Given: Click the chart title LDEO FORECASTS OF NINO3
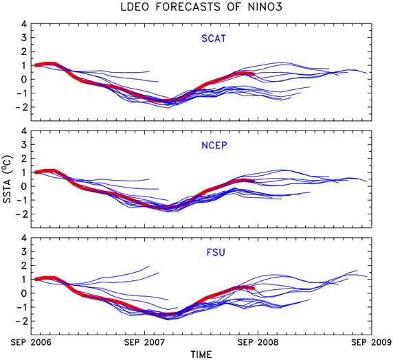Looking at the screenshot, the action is click(x=201, y=7).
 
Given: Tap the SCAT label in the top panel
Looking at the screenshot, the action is click(x=214, y=38).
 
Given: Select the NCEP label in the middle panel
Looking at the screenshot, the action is click(x=214, y=146).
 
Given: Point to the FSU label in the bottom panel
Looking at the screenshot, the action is click(x=216, y=252).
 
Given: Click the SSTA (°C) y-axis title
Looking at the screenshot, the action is click(x=8, y=179).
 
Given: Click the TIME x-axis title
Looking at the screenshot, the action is click(x=201, y=355).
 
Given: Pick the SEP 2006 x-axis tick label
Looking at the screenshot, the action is click(x=31, y=342).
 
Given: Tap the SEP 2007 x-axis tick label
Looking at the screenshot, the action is click(x=144, y=342).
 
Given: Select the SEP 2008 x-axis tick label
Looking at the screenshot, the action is click(x=258, y=342).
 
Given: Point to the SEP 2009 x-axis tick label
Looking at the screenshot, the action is click(x=372, y=342).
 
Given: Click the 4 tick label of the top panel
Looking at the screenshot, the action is click(x=24, y=24).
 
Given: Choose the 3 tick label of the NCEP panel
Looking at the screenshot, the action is click(x=24, y=145).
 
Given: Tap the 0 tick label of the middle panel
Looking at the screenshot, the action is click(x=24, y=186).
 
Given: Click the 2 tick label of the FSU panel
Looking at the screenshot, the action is click(x=24, y=266).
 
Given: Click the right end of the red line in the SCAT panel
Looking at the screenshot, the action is click(x=254, y=74).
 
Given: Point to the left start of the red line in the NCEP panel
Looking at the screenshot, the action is click(x=36, y=172).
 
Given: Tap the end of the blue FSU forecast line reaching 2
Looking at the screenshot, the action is click(x=149, y=266).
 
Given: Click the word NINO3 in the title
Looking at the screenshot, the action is click(x=265, y=7).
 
